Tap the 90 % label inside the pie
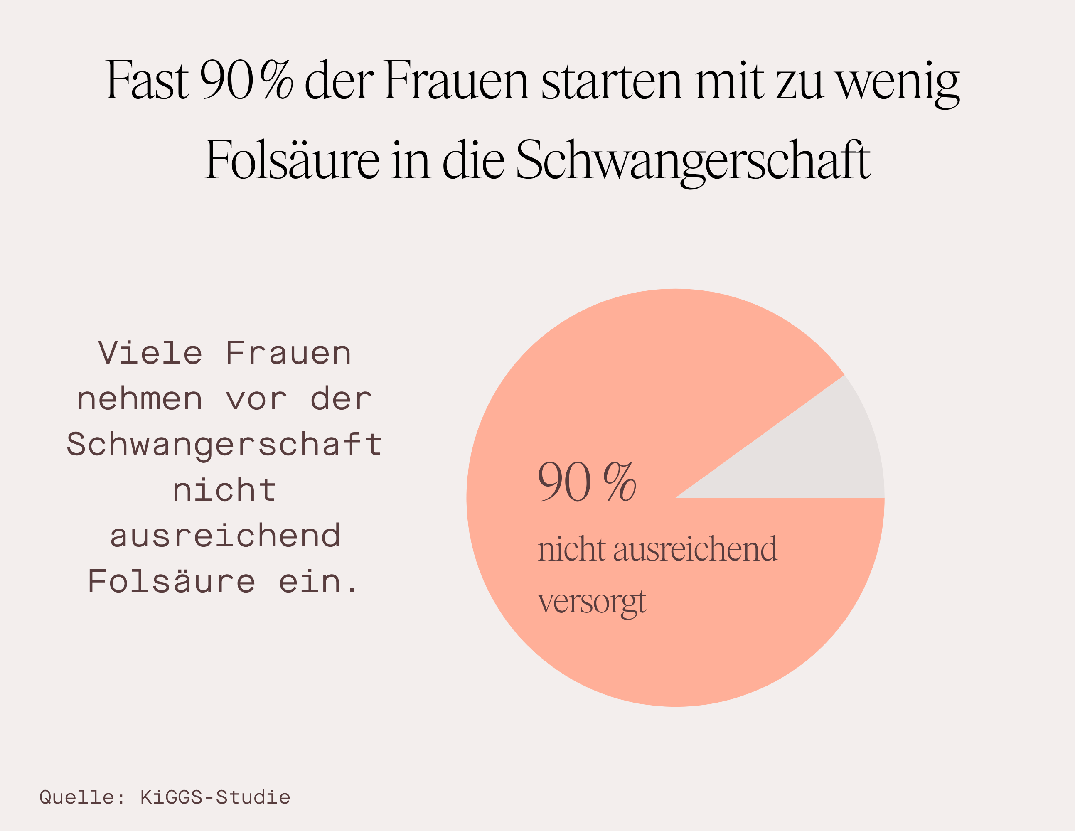[x=586, y=482]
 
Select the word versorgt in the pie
[x=592, y=601]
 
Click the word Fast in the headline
[x=147, y=80]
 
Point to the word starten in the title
[x=612, y=80]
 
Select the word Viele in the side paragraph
[x=150, y=353]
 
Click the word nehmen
[x=140, y=399]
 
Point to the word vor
[x=256, y=399]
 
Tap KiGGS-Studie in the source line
[x=215, y=797]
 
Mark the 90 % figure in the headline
[x=246, y=80]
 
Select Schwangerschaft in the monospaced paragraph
[x=224, y=445]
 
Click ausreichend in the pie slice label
[x=695, y=549]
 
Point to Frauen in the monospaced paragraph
[x=288, y=353]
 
